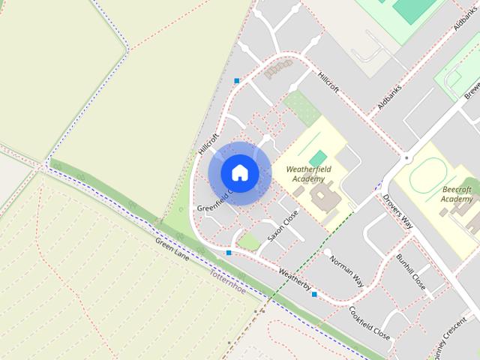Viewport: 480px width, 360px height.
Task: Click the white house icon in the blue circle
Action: point(239,172)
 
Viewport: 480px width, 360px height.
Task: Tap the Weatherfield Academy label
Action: point(309,175)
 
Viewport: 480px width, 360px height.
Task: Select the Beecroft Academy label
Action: point(457,193)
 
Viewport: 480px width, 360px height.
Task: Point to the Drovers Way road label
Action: point(397,212)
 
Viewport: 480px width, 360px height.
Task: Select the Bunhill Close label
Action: point(411,272)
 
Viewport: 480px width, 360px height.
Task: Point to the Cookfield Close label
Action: point(369,322)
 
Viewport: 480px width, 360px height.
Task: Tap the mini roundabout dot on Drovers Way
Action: point(406,158)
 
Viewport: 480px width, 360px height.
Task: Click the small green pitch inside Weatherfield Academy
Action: point(318,158)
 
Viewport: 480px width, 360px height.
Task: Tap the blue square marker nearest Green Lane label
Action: point(229,253)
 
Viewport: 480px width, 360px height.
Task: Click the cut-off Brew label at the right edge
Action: point(472,90)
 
